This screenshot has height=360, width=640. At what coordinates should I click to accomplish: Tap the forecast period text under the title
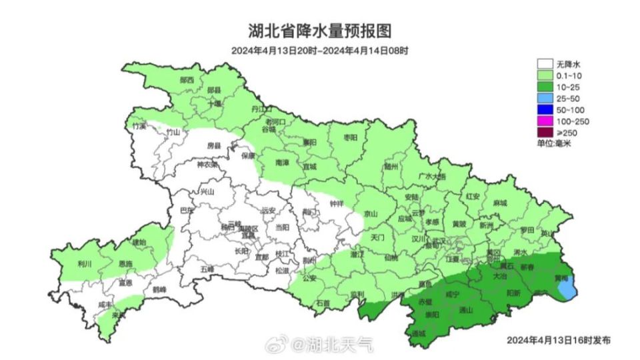pyautogui.click(x=320, y=51)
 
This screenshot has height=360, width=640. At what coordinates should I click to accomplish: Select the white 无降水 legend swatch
pyautogui.click(x=545, y=64)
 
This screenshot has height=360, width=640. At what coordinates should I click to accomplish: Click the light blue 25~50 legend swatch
pyautogui.click(x=545, y=98)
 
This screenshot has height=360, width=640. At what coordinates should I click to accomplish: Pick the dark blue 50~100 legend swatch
pyautogui.click(x=545, y=109)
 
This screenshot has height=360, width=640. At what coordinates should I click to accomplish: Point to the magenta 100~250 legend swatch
pyautogui.click(x=545, y=121)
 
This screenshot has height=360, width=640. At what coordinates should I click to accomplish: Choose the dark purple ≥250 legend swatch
pyautogui.click(x=545, y=132)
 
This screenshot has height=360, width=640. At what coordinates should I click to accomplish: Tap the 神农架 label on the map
pyautogui.click(x=207, y=165)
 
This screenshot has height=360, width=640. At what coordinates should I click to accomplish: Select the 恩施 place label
pyautogui.click(x=125, y=265)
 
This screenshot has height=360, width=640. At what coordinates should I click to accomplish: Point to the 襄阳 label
pyautogui.click(x=309, y=142)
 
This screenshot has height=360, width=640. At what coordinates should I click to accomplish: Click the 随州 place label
pyautogui.click(x=391, y=167)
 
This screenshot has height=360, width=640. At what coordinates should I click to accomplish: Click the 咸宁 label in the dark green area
pyautogui.click(x=452, y=293)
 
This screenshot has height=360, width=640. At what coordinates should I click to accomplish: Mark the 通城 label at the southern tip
pyautogui.click(x=419, y=333)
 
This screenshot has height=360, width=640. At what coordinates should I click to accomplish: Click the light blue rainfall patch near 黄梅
pyautogui.click(x=567, y=287)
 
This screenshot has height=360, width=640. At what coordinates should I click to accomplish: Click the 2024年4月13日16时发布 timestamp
pyautogui.click(x=558, y=339)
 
